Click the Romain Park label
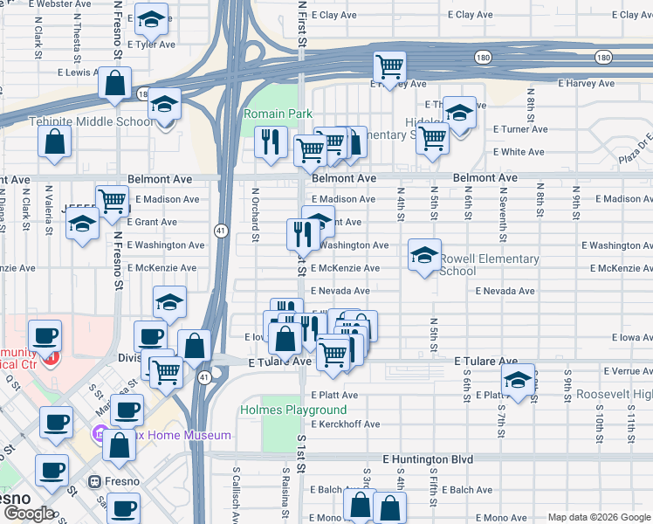coord(278,114)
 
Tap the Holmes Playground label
coord(292,410)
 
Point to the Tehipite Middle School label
coord(92,121)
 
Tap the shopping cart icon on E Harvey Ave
coord(389,65)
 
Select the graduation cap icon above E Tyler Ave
coord(152,20)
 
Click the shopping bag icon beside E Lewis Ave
coord(114,84)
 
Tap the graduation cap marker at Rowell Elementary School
coord(424,255)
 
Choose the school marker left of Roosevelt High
coord(519,381)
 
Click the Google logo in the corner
coord(29,514)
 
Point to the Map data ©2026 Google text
coord(598,517)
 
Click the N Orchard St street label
coord(256,212)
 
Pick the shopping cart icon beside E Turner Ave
coord(432,137)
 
